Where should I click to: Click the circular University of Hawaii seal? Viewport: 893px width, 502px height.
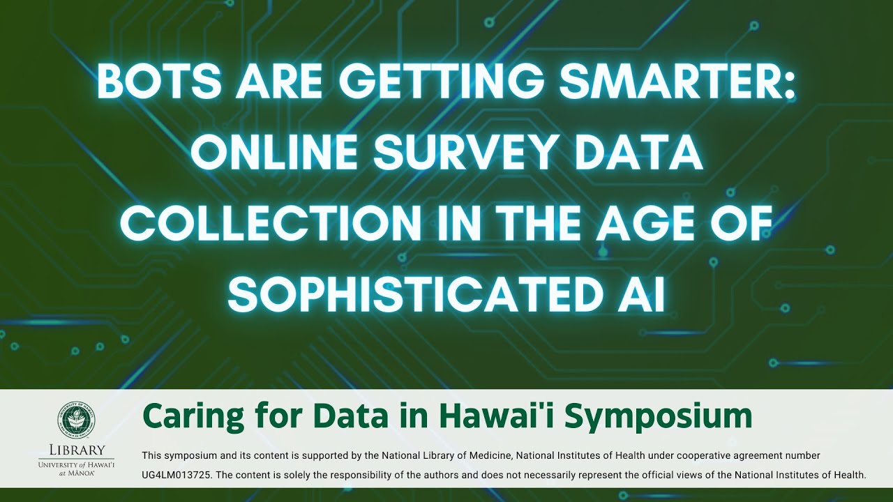pyautogui.click(x=77, y=420)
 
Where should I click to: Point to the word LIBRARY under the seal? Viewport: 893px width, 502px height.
pyautogui.click(x=77, y=450)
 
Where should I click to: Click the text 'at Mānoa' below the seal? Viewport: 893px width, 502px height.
pyautogui.click(x=77, y=473)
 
